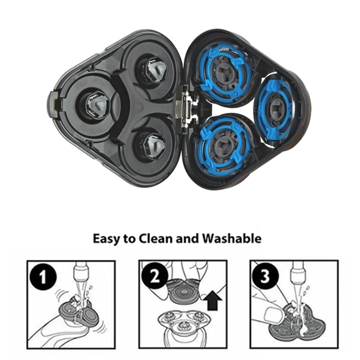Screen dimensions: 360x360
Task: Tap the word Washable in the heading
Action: pos(232,239)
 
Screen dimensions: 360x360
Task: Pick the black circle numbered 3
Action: pos(265,276)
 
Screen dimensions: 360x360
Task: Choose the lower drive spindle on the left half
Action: pos(152,145)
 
